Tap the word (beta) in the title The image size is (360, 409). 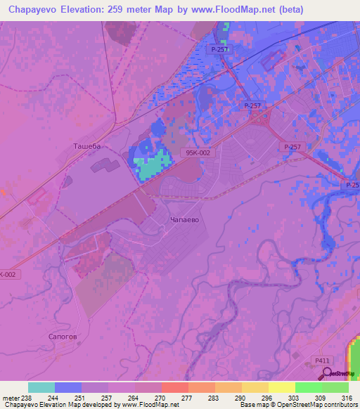[333, 9]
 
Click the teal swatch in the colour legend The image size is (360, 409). [41, 387]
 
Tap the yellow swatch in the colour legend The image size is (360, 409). [281, 387]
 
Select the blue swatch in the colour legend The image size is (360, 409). [68, 387]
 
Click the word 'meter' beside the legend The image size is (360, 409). [11, 397]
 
